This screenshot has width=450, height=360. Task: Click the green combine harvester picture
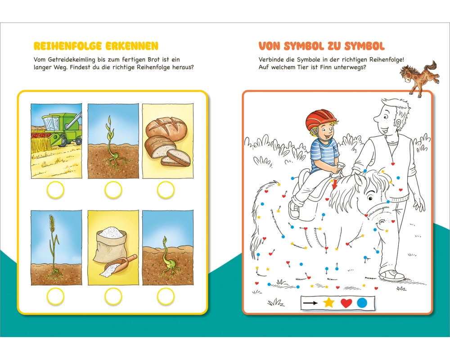coord(56,141)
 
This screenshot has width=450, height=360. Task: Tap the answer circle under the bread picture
coord(166,190)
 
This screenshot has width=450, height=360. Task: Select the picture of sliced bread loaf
coord(167,141)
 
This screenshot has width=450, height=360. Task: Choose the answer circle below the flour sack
coord(113,296)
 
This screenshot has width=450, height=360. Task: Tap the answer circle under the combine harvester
coord(55,190)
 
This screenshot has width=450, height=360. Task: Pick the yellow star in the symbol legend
coord(328,303)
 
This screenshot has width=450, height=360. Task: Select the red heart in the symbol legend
coord(346,303)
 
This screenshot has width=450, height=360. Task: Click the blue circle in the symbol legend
coord(362,303)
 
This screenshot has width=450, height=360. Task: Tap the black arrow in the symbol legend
coord(310,303)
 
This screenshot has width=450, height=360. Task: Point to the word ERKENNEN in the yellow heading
coord(132,46)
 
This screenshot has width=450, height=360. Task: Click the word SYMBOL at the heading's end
coord(364,46)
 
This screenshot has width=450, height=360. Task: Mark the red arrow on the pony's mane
coord(333,184)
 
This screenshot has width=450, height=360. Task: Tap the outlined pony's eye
coord(370,198)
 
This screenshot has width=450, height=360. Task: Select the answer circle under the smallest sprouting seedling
coord(166,296)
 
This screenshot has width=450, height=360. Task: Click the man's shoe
coord(392,275)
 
